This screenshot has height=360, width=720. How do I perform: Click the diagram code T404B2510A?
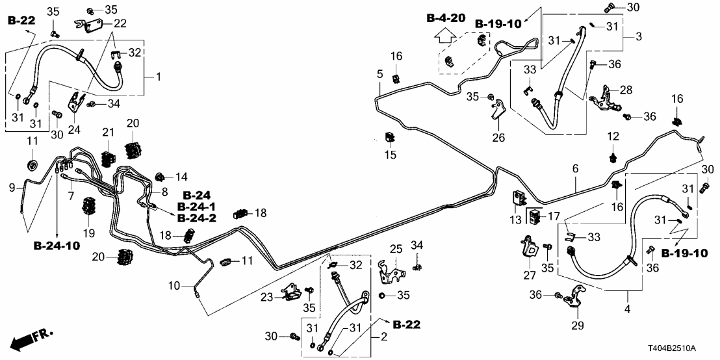pos(681,348)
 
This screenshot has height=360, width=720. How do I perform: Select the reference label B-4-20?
pos(445,18)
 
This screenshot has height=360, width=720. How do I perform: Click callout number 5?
pos(379,74)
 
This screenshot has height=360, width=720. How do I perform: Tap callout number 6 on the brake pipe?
pos(574,168)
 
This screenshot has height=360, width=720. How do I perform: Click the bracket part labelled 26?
pos(498,110)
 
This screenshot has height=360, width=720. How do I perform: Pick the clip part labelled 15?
pos(391,138)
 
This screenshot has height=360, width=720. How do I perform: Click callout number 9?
pos(11,188)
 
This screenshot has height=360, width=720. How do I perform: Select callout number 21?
pos(108,133)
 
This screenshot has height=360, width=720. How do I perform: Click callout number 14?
pos(181,176)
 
